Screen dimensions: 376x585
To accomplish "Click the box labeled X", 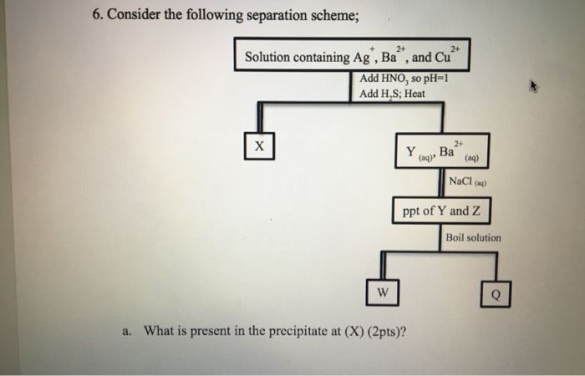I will (x=259, y=145).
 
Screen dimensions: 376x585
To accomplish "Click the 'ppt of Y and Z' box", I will (x=441, y=211).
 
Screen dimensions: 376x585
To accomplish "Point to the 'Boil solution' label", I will (x=474, y=237).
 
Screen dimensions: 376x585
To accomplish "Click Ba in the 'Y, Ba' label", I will (x=448, y=152).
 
